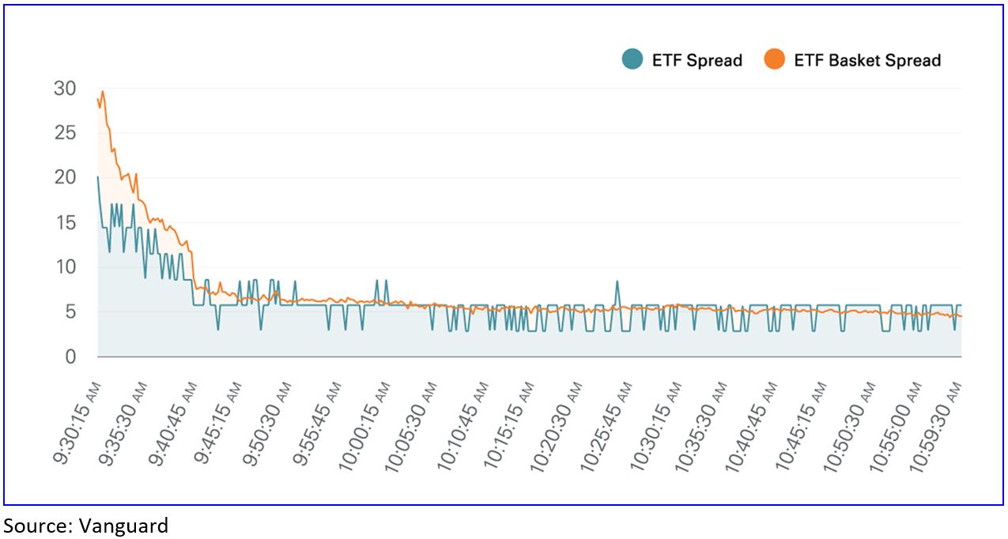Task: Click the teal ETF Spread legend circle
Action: point(632,60)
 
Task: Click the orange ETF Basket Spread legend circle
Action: point(774,60)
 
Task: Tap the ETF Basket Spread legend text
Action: point(867,60)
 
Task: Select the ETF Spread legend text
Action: point(697,60)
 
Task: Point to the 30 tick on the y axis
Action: point(65,89)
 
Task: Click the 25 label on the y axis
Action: point(65,133)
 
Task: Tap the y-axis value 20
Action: point(65,178)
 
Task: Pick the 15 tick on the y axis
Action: point(65,223)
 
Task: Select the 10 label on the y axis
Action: point(65,267)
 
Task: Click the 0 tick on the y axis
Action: point(70,356)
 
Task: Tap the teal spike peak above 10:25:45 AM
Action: point(617,281)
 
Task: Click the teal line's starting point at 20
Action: point(98,177)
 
